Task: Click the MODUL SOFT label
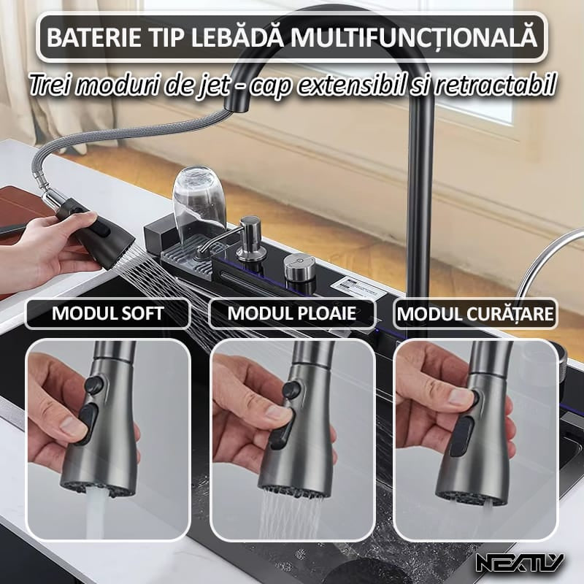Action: point(108,315)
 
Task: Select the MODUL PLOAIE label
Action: point(292,315)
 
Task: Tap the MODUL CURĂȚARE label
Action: point(475,315)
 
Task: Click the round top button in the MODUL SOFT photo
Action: point(93,385)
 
